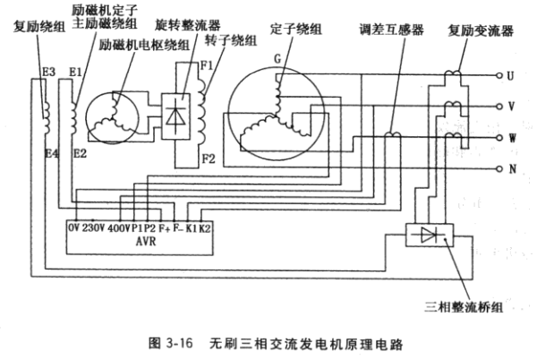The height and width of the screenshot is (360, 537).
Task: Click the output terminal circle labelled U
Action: tap(498, 76)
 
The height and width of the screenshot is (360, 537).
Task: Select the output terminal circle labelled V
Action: tap(498, 106)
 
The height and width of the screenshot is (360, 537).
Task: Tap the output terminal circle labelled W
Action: tap(498, 138)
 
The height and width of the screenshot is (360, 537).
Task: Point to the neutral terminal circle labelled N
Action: tap(498, 168)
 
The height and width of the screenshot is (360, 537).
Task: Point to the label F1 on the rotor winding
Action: tap(206, 65)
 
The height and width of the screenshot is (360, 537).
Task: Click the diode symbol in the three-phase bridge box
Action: tap(427, 236)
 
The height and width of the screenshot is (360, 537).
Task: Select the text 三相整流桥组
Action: tap(465, 307)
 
